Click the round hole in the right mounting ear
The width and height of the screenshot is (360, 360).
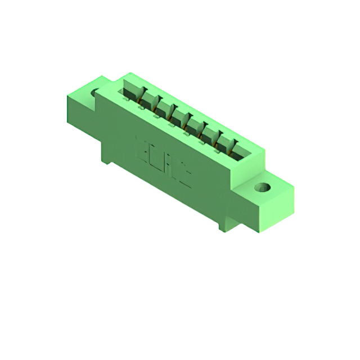coord(262,187)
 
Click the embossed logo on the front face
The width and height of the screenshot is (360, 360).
coord(163,160)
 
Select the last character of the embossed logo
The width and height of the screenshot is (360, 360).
coord(186,176)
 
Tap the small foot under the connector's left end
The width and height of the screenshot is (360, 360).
coord(106,161)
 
